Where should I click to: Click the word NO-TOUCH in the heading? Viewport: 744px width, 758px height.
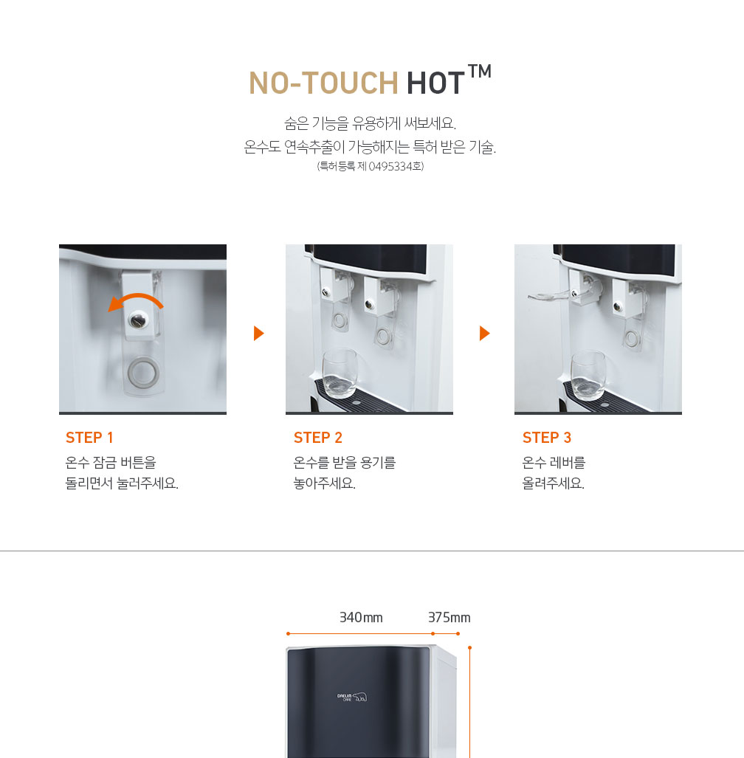[323, 83]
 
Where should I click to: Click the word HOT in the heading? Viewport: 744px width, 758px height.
[435, 83]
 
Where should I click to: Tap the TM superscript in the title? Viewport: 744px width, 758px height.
[480, 71]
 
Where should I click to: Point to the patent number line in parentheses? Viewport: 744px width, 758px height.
[371, 166]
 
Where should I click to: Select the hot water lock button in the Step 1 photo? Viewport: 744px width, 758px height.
[139, 320]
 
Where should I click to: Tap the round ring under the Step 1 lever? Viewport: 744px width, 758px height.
[142, 372]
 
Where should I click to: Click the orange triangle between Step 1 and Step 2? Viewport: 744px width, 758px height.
[258, 333]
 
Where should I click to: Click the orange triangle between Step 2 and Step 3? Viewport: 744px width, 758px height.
[484, 333]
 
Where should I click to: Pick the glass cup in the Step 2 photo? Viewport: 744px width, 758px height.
[340, 373]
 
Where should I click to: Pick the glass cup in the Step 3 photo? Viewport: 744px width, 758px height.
[588, 376]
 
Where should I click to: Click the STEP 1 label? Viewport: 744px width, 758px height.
[89, 438]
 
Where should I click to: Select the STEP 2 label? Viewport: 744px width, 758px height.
[318, 438]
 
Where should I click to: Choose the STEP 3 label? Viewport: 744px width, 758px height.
[547, 438]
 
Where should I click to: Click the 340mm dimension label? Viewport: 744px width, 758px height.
[361, 617]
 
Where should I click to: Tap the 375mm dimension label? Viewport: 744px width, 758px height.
[449, 617]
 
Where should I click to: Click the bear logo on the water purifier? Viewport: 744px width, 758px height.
[359, 697]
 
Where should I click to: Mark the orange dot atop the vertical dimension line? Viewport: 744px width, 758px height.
[469, 648]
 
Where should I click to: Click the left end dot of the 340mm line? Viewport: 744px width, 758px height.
[288, 633]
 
